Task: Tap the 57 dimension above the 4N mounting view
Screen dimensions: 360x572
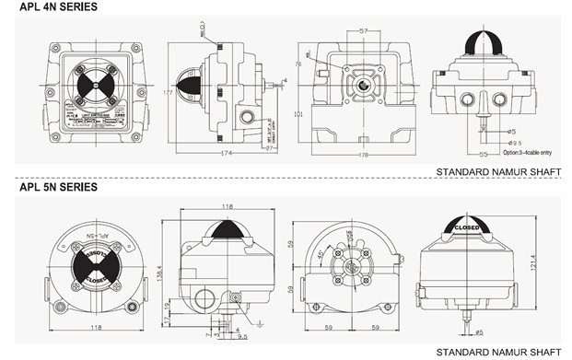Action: pos(363,31)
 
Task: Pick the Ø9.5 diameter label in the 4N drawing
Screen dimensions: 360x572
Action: pos(516,143)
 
